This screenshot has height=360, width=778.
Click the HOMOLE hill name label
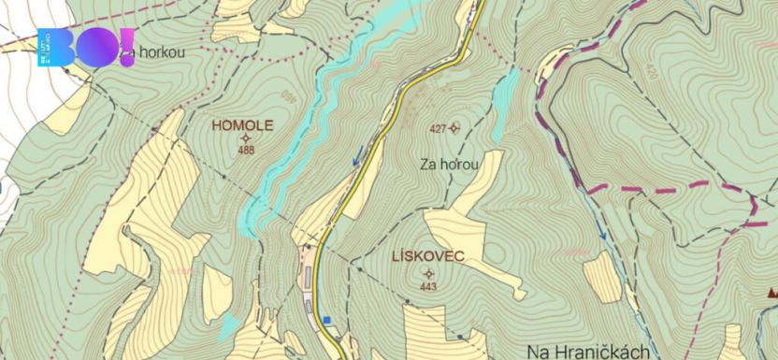pyautogui.click(x=242, y=123)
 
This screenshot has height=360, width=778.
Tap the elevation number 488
pyautogui.click(x=246, y=150)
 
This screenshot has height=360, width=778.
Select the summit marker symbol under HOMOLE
pyautogui.click(x=246, y=137)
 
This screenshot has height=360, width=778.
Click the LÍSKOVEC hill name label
pyautogui.click(x=429, y=255)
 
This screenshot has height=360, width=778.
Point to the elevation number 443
pyautogui.click(x=428, y=286)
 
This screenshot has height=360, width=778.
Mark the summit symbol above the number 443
pyautogui.click(x=428, y=273)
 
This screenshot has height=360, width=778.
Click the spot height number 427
pyautogui.click(x=437, y=128)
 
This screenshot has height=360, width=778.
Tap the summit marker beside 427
pyautogui.click(x=454, y=128)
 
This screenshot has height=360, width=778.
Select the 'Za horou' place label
pyautogui.click(x=450, y=165)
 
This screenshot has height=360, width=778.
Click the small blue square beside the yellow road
pyautogui.click(x=326, y=320)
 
